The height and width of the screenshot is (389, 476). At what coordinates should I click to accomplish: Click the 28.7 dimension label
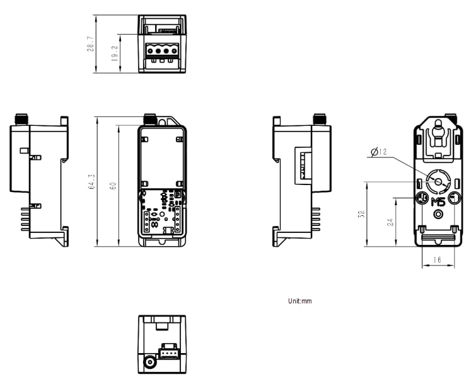[91, 45]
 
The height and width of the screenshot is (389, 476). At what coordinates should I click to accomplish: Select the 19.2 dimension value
[113, 53]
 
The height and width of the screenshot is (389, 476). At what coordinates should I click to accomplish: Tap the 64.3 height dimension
[91, 182]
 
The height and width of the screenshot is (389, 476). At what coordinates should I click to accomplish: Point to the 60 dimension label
[113, 186]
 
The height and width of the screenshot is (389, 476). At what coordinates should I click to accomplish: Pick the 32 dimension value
[361, 215]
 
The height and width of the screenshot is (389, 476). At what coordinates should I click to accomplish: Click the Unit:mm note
[299, 302]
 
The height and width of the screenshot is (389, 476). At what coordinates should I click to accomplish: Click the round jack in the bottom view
[150, 363]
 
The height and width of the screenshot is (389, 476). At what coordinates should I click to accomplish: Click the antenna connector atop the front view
[150, 118]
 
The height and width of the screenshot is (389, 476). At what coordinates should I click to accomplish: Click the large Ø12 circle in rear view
[436, 182]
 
